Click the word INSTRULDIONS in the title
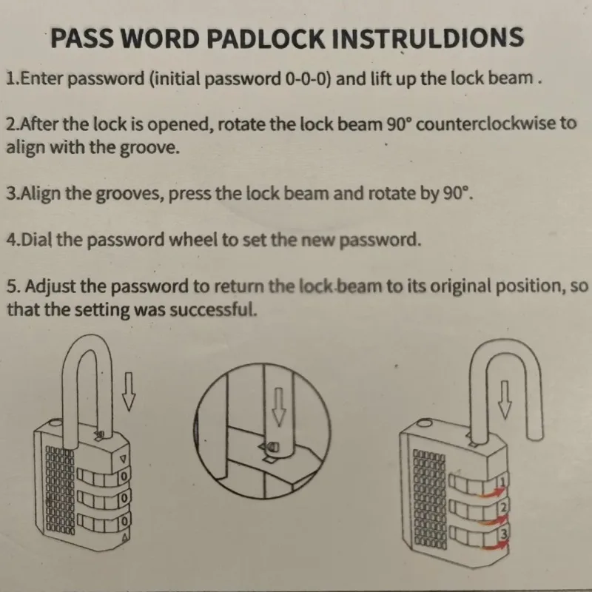(428, 38)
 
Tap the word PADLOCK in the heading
(266, 38)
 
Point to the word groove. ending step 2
(149, 147)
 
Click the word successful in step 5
(213, 309)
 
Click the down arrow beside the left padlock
(129, 391)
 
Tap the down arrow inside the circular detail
(279, 406)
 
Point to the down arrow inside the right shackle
(505, 400)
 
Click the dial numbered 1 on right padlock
(502, 482)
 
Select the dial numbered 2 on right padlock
(503, 508)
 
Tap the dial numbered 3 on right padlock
(503, 534)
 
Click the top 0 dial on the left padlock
(124, 477)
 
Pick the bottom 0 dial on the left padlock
(124, 522)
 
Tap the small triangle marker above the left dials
(122, 459)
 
